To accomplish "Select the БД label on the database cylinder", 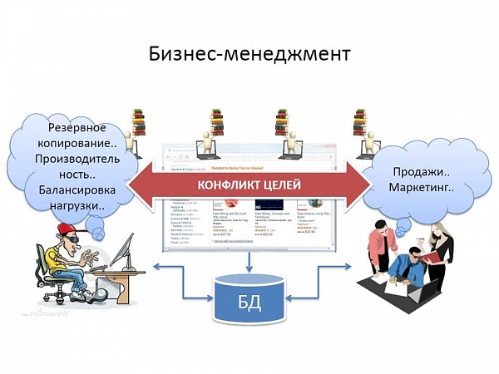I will click(x=249, y=303).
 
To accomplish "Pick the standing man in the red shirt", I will click(x=387, y=245).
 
